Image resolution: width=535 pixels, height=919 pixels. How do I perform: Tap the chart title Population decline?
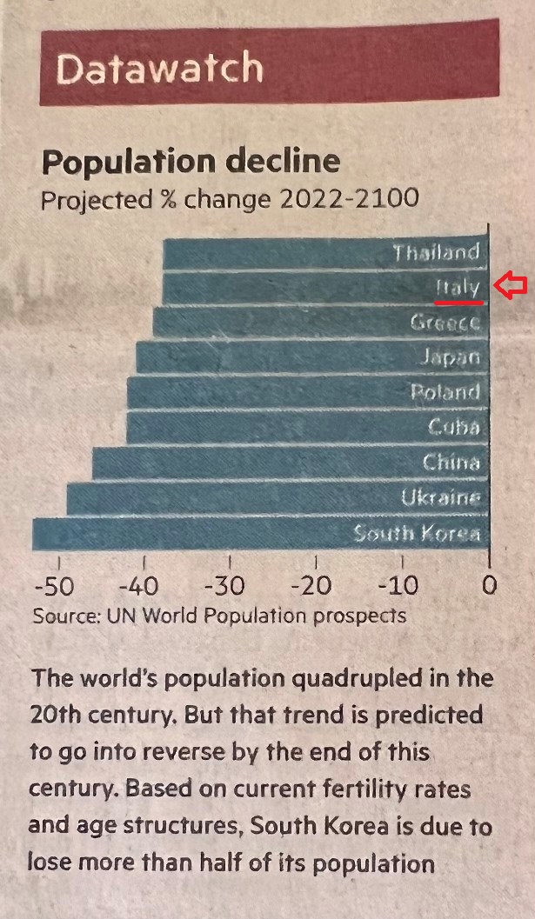click(191, 162)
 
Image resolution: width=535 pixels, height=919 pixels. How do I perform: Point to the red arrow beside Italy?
click(511, 286)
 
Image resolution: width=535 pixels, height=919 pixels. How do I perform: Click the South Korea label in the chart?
click(417, 533)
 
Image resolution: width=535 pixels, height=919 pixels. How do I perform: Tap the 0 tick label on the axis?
click(489, 585)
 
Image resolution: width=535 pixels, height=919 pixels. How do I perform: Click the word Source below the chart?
click(64, 616)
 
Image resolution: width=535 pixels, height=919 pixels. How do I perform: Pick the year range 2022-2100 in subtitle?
click(349, 199)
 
